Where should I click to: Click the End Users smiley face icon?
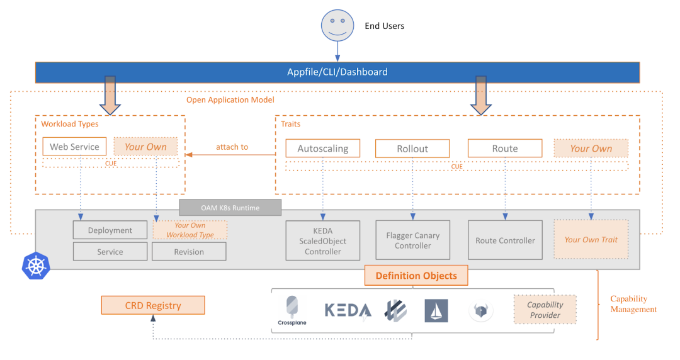tap(337, 26)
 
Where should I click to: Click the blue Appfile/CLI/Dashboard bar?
tap(337, 72)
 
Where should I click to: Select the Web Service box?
tap(75, 147)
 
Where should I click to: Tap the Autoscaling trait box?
tap(322, 149)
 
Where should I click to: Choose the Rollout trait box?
tap(412, 149)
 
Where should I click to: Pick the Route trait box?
tap(505, 149)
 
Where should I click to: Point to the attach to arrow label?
tap(232, 147)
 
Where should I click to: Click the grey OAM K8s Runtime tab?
tap(230, 207)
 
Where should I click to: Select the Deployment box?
tap(110, 230)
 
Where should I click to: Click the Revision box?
tap(189, 252)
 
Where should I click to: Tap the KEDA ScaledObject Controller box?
tap(323, 241)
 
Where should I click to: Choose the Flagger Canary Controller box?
tap(413, 240)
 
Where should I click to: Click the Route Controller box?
tap(505, 240)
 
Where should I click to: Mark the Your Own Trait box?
tap(591, 240)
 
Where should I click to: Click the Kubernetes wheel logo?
tap(36, 265)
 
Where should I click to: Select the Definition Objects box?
tap(416, 276)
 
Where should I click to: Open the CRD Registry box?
tap(153, 306)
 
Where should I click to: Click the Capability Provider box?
tap(545, 310)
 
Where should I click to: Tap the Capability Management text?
tap(633, 304)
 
